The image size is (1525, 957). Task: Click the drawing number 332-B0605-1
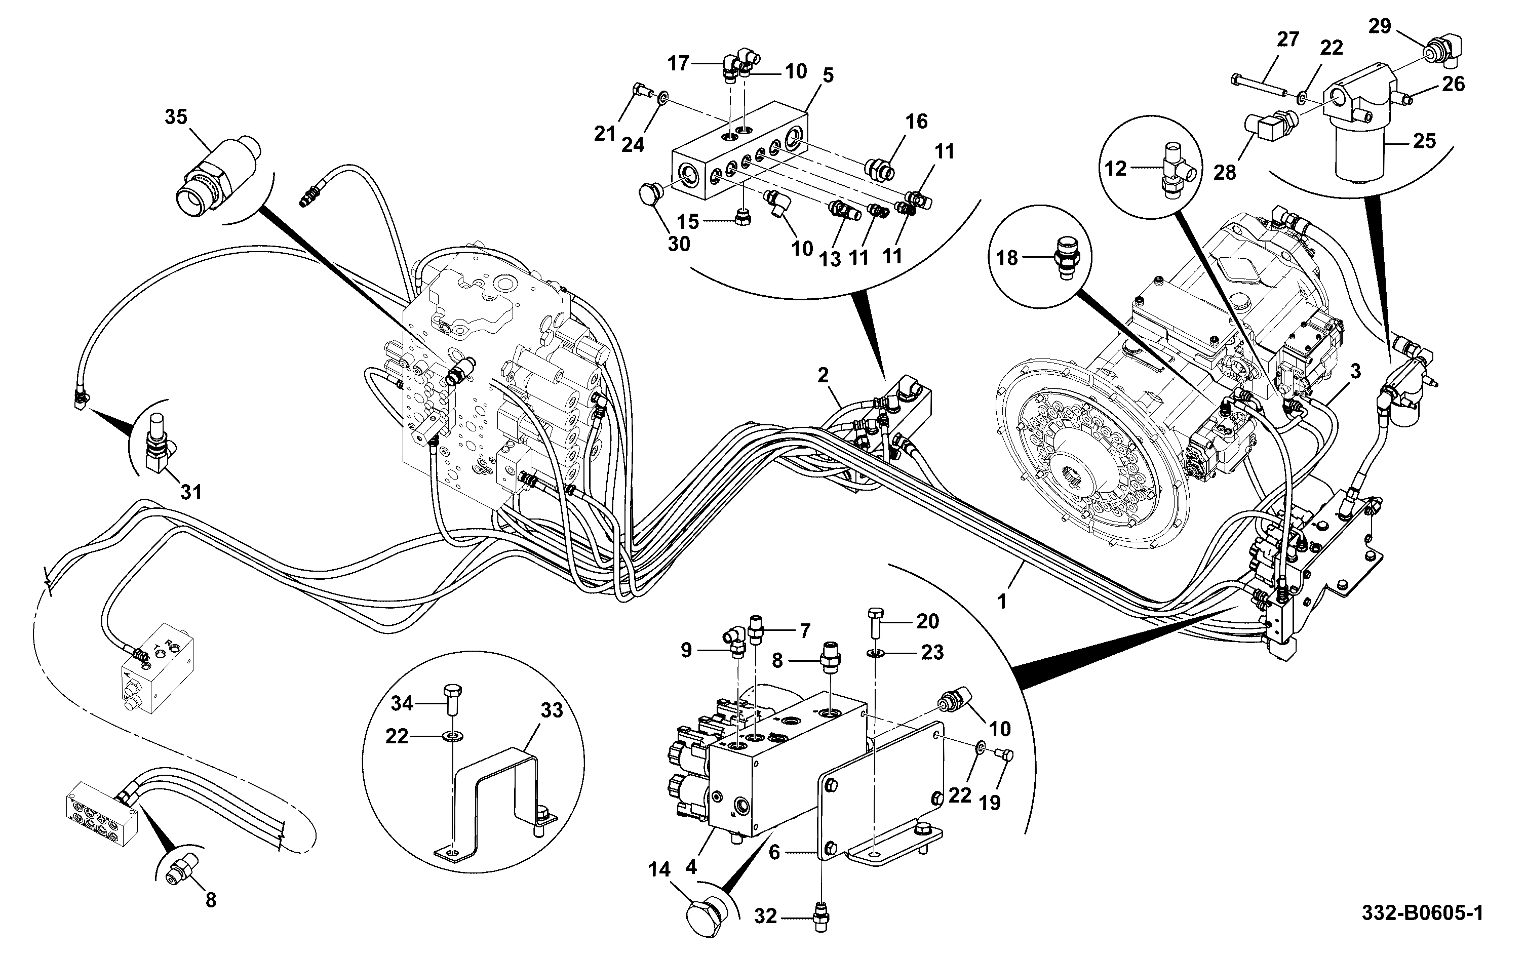[x=1422, y=913]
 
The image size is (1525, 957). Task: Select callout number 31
[x=191, y=492]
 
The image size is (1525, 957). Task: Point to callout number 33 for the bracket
[x=552, y=711]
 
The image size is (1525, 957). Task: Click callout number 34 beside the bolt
[x=402, y=703]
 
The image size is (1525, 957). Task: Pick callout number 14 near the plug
[x=659, y=870]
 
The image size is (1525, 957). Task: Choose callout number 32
[x=766, y=916]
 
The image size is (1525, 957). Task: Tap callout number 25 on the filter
[x=1424, y=141]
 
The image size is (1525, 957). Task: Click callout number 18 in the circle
[x=1008, y=258]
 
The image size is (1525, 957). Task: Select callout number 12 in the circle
[x=1116, y=168]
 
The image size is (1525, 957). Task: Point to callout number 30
[x=679, y=244]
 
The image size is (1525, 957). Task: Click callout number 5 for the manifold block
[x=828, y=75]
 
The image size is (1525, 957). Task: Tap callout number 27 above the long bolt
[x=1287, y=39]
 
